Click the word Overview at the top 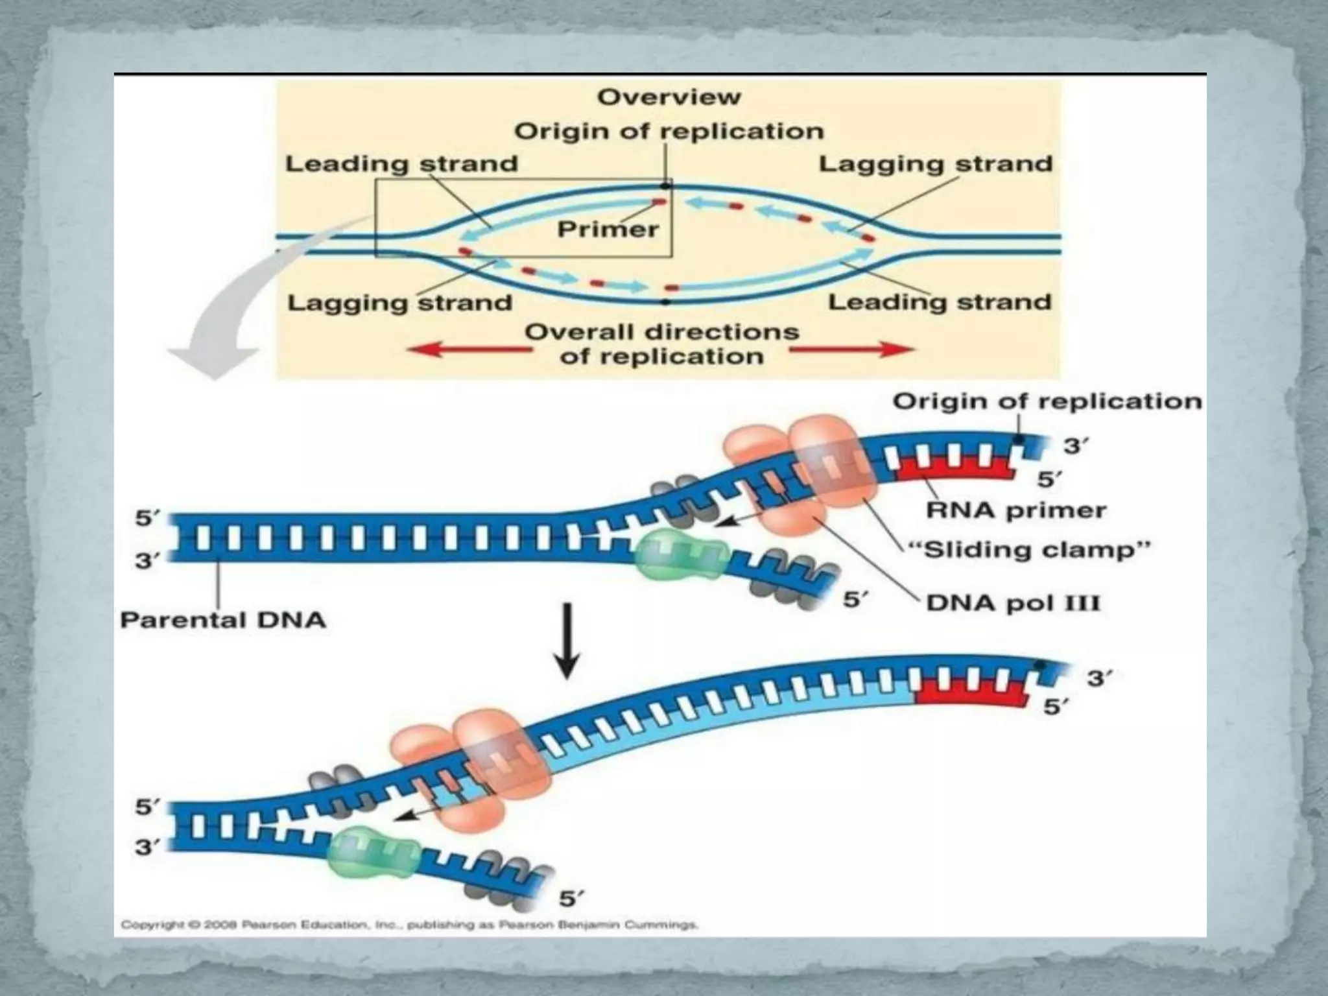tap(669, 97)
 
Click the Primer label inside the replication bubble tap(608, 229)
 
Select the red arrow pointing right tap(851, 350)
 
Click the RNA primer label tap(1015, 510)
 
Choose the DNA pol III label tap(1013, 604)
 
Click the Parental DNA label tap(223, 621)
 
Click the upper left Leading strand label tap(401, 164)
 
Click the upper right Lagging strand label tap(935, 164)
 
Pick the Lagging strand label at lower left tap(399, 303)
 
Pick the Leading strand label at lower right tap(940, 302)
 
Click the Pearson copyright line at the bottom tap(409, 925)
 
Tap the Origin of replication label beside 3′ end tap(1047, 402)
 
